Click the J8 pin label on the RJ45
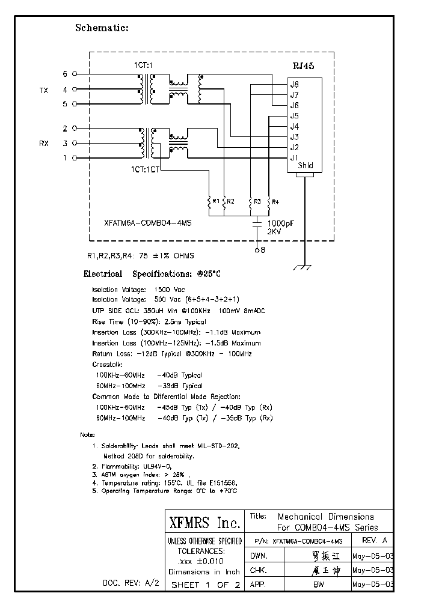click(294, 85)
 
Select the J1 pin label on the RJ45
click(294, 158)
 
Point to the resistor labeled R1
click(209, 202)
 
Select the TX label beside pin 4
click(44, 91)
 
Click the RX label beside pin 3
click(44, 144)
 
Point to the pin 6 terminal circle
click(75, 74)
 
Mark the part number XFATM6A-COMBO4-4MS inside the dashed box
click(147, 222)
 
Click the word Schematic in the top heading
click(102, 28)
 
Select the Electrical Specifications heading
click(152, 274)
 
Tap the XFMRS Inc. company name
click(204, 521)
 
